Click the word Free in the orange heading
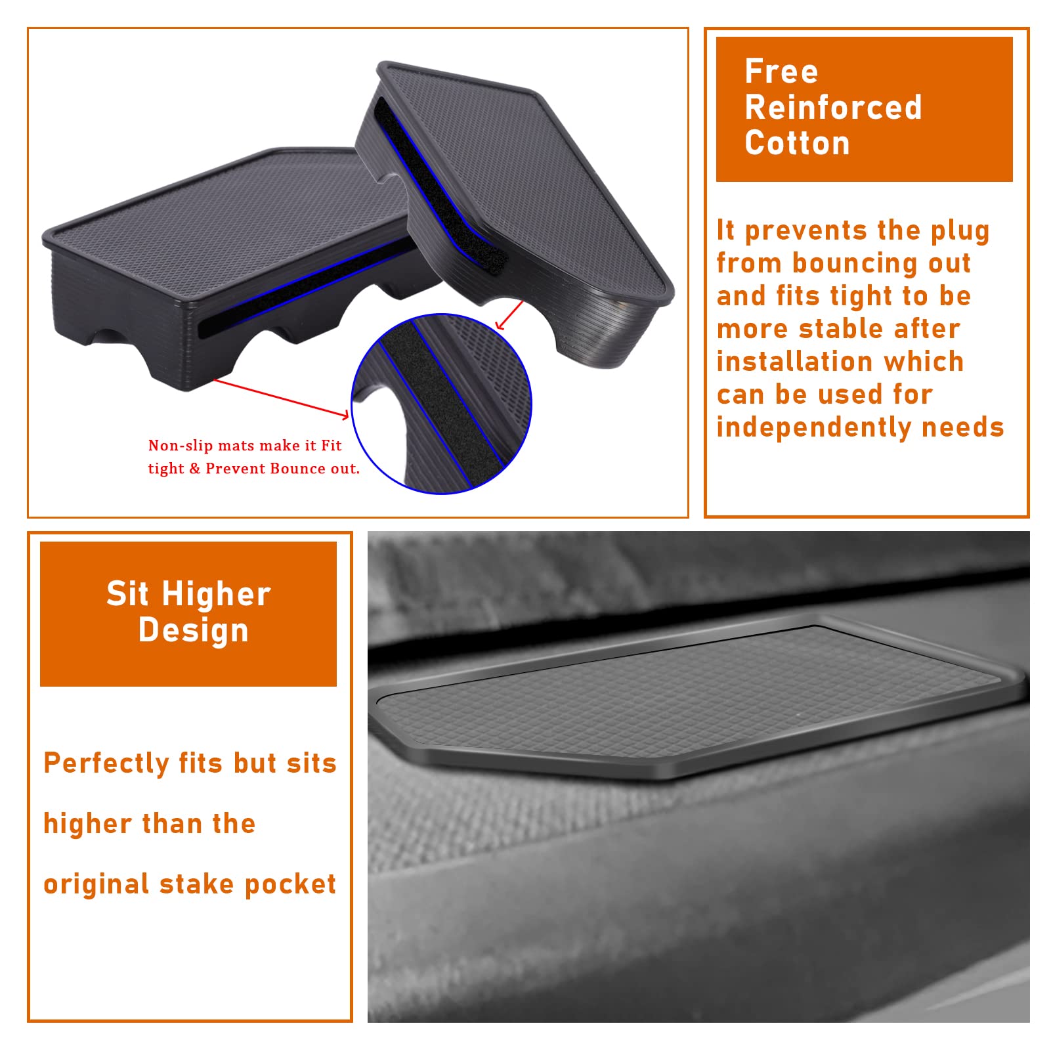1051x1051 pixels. click(x=781, y=72)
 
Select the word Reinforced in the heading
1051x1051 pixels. click(x=833, y=108)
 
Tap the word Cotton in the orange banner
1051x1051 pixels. click(x=797, y=143)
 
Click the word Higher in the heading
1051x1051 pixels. click(x=216, y=594)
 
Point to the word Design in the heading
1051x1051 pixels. click(x=194, y=630)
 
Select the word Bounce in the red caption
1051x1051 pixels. click(x=297, y=469)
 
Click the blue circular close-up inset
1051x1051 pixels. click(x=442, y=404)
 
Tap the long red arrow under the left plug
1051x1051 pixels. click(x=281, y=398)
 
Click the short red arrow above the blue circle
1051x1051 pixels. click(x=509, y=316)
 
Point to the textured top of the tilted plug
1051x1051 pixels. click(x=525, y=171)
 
